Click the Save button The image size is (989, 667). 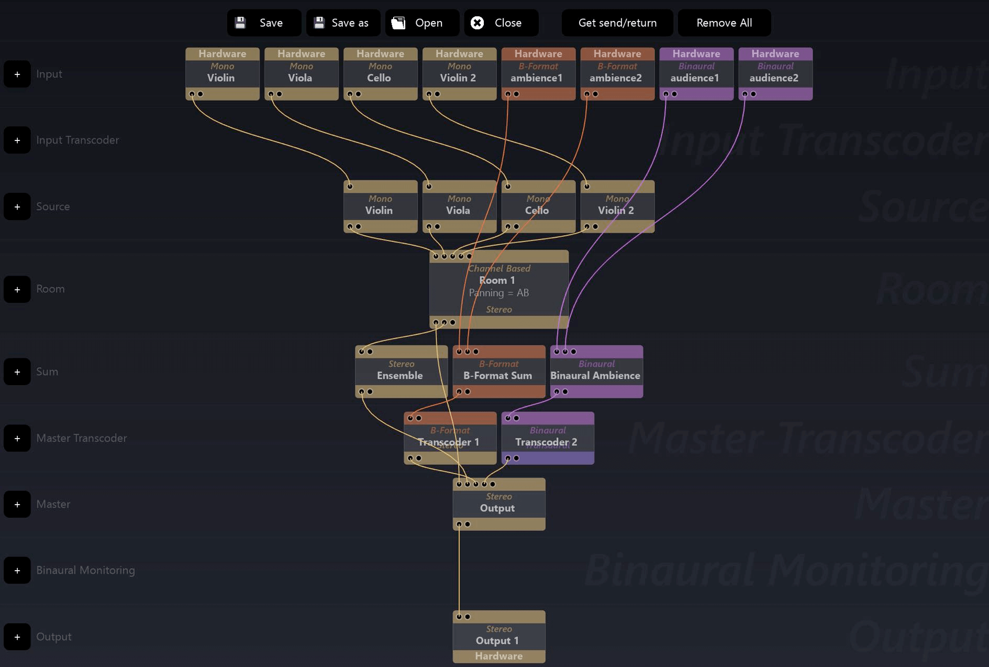pos(263,23)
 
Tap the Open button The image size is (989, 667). pos(421,23)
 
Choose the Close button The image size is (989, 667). pos(501,23)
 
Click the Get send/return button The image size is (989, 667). pos(617,23)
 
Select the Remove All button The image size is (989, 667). pos(724,23)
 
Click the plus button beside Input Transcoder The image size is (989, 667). pos(17,140)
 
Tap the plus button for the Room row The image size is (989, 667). pos(17,289)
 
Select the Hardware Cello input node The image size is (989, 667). pos(380,73)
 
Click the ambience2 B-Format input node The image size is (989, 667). pos(617,73)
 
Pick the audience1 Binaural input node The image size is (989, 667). pos(696,73)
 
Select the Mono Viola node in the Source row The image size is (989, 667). pos(459,206)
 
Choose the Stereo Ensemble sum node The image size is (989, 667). pos(401,371)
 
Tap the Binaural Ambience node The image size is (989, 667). pos(596,371)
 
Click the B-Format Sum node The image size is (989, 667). pos(498,371)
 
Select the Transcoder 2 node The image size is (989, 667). pos(547,438)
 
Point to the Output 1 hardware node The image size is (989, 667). pos(498,636)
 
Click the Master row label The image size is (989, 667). pos(53,504)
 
